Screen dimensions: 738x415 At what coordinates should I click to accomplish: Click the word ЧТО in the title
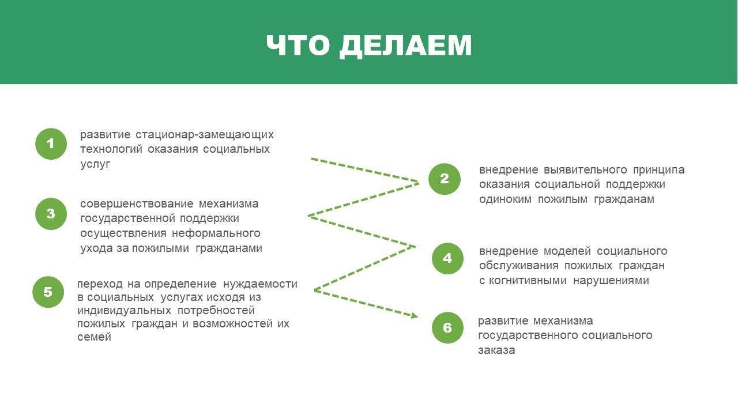coord(298,45)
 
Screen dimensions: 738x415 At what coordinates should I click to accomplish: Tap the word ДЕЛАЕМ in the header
coord(406,46)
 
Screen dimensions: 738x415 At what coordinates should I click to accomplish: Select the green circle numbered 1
coord(51,144)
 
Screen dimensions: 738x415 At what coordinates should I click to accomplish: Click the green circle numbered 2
coord(445,179)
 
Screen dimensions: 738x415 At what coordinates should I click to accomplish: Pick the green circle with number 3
coord(51,214)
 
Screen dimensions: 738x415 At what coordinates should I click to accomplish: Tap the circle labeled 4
coord(447,259)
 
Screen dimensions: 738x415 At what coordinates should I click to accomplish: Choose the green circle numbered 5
coord(48,292)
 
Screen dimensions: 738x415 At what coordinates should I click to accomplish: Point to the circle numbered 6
coord(447,328)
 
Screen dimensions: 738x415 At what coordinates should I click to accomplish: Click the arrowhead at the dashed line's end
coord(415,315)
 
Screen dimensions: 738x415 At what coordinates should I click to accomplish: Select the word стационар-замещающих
coord(205,135)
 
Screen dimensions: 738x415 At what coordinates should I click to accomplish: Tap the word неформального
coord(216,233)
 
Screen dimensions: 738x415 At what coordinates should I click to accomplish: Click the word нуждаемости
coord(260,284)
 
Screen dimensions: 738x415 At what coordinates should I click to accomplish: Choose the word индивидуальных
coord(124,310)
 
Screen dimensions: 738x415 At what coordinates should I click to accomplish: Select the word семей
coord(94,337)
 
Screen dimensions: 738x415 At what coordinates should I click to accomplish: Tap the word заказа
coord(496,350)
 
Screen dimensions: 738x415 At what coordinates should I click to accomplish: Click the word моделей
coord(567,251)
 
